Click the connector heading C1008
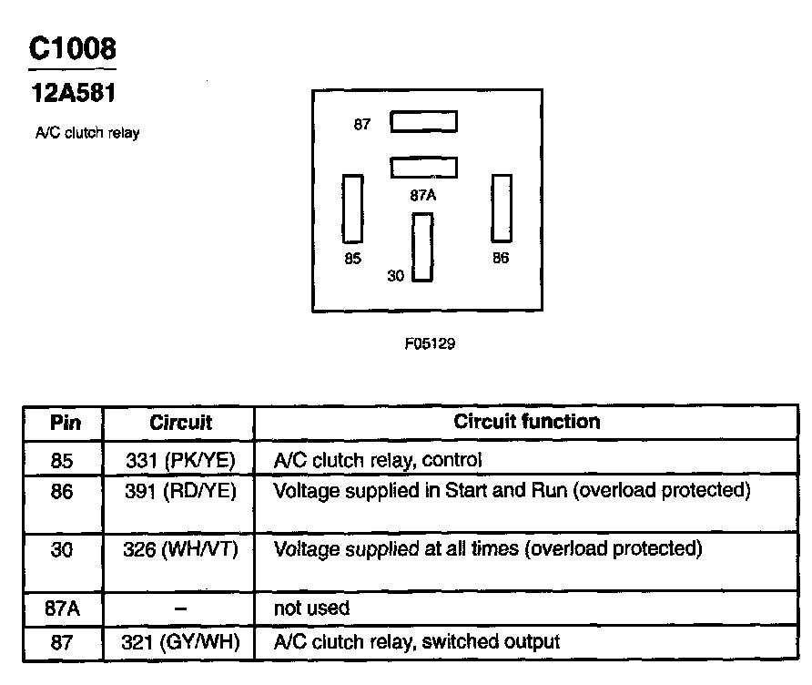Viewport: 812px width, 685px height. pyautogui.click(x=72, y=49)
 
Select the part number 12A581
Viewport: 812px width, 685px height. pyautogui.click(x=73, y=93)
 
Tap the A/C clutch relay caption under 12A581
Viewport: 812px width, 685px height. pyautogui.click(x=86, y=134)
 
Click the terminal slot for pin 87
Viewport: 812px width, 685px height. pyautogui.click(x=423, y=122)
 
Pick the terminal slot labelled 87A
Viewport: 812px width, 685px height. pyautogui.click(x=423, y=168)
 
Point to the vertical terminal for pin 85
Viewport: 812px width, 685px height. pyautogui.click(x=352, y=209)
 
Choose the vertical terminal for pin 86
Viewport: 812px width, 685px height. pyautogui.click(x=502, y=209)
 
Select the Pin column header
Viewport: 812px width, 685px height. pyautogui.click(x=65, y=423)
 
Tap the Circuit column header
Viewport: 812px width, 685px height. pyautogui.click(x=180, y=423)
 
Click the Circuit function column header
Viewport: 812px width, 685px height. pyautogui.click(x=526, y=422)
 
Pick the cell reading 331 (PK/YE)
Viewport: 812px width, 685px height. pyautogui.click(x=180, y=460)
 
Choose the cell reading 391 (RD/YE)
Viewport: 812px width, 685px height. pyautogui.click(x=180, y=491)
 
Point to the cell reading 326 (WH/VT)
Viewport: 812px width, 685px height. pyautogui.click(x=180, y=549)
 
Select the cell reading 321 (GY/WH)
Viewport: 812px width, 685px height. pyautogui.click(x=180, y=642)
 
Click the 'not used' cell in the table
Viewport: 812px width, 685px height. pyautogui.click(x=311, y=608)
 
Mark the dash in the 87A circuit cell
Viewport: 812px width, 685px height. pyautogui.click(x=180, y=608)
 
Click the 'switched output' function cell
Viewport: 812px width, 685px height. pyautogui.click(x=416, y=642)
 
